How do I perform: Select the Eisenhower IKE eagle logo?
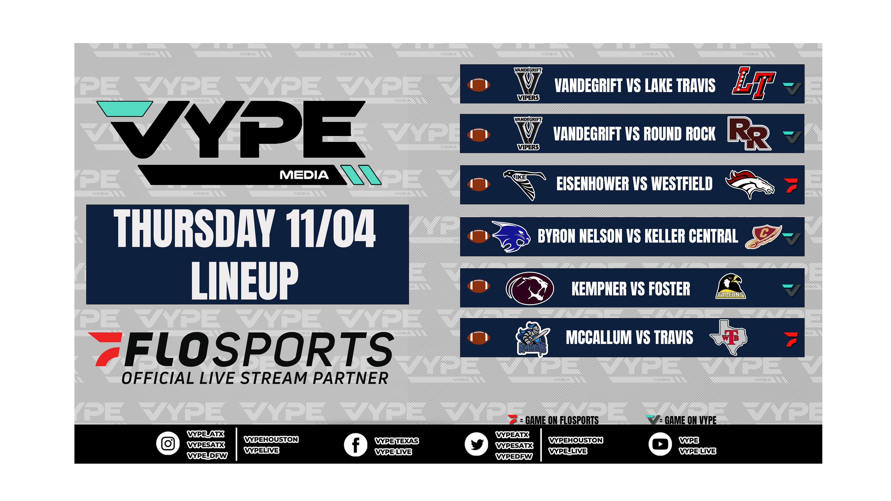point(524,184)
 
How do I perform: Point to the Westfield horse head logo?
point(749,184)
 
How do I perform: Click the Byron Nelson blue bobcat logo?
point(511,236)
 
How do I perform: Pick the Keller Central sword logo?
point(763,236)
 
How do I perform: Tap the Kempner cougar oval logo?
point(529,288)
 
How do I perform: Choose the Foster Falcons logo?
point(730,286)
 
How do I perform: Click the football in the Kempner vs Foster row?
point(478,286)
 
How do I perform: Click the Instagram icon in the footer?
point(168,443)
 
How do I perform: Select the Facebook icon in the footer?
point(355,445)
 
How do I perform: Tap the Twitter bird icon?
point(476,444)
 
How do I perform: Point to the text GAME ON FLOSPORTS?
point(562,420)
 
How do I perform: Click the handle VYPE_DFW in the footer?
point(207,456)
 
